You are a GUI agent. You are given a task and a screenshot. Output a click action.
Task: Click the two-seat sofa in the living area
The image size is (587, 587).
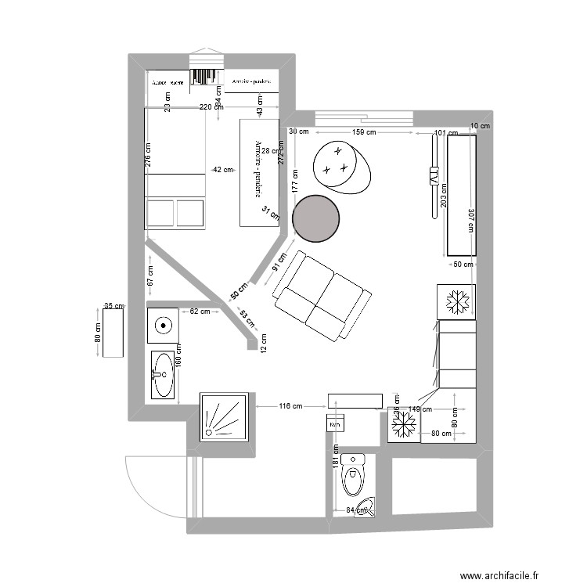point(321,297)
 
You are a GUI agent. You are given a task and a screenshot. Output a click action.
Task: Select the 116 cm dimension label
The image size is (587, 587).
point(290,406)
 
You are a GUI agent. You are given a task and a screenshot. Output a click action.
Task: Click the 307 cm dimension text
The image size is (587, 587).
point(471,221)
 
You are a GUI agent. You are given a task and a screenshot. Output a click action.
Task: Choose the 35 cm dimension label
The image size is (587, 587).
point(113,306)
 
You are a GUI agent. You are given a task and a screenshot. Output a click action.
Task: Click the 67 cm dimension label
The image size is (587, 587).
point(150,275)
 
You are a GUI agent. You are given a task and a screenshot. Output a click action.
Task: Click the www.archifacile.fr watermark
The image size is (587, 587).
point(500,576)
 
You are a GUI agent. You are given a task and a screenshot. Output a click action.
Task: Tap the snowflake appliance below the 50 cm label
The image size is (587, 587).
point(456,302)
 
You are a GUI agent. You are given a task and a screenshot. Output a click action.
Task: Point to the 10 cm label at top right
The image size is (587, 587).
point(480,126)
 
